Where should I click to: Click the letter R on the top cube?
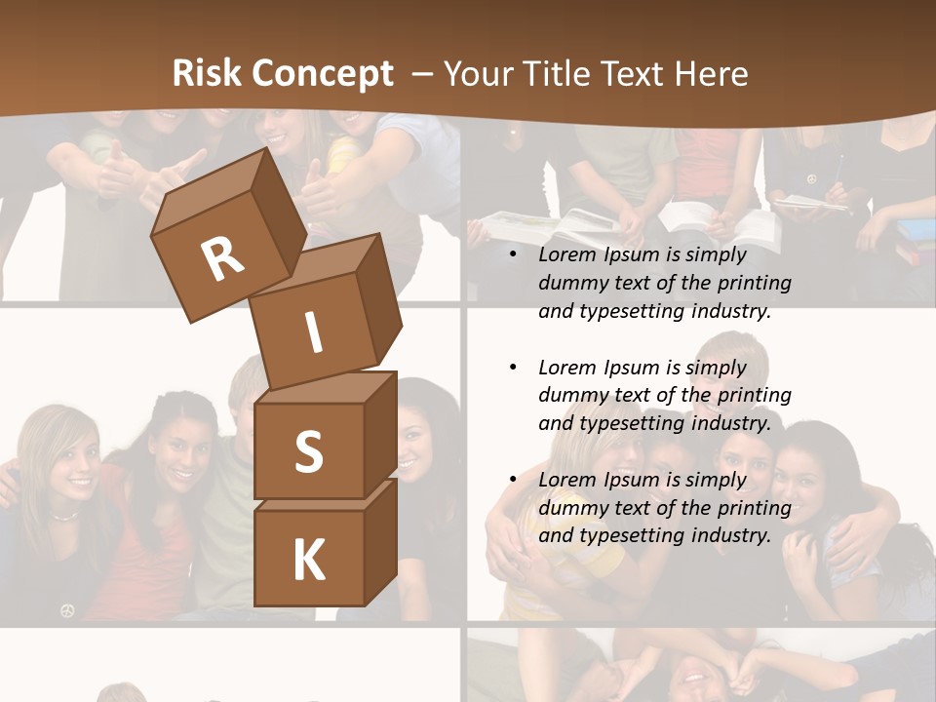point(222,258)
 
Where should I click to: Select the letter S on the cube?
point(308,451)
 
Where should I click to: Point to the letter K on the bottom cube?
point(308,560)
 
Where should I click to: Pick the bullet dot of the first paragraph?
point(513,255)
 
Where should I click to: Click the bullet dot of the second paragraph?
point(513,368)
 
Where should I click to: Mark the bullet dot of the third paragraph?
point(513,480)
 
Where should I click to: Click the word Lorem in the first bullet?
point(566,254)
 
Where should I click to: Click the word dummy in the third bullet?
point(571,507)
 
